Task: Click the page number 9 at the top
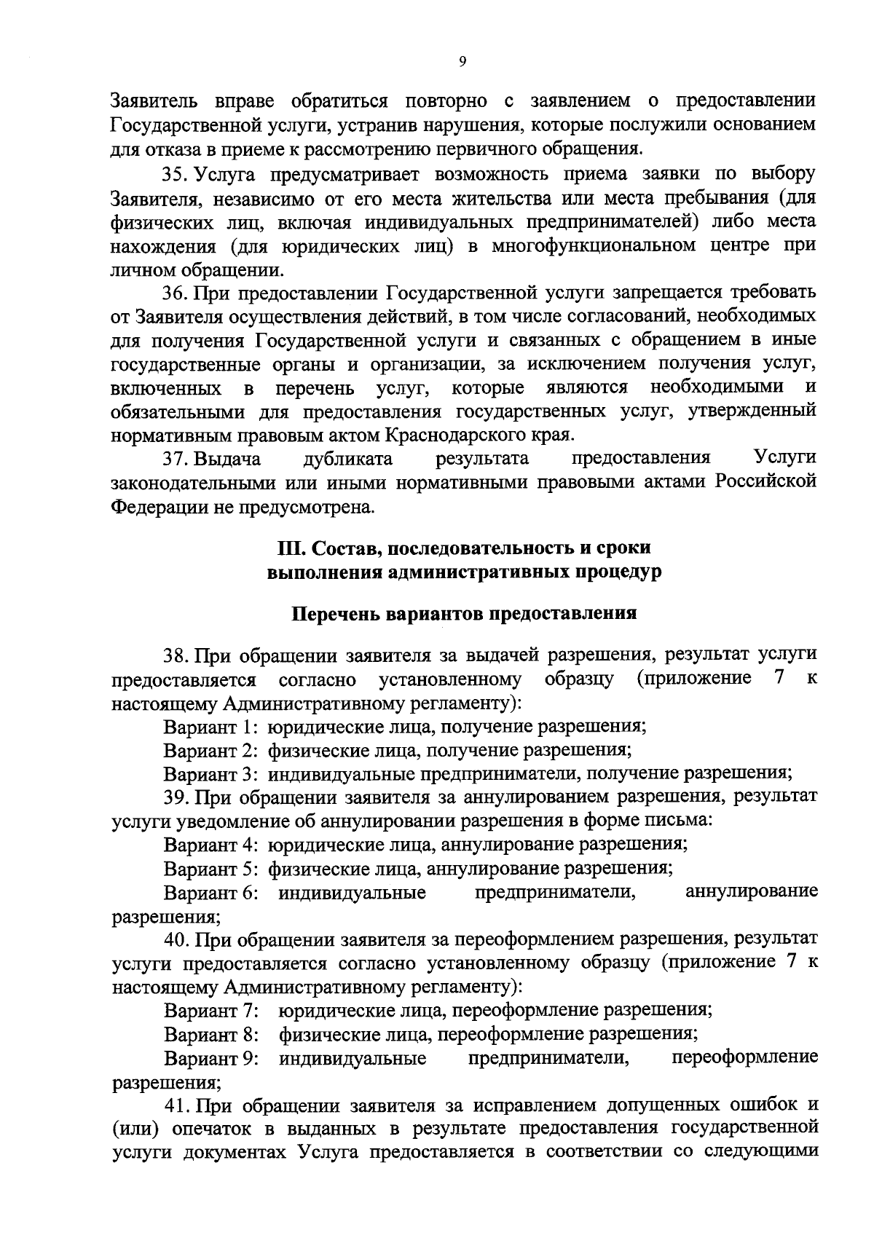[462, 62]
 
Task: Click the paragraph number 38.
[178, 655]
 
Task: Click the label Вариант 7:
[213, 1011]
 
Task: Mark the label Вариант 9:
[213, 1058]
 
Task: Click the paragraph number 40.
[178, 939]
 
